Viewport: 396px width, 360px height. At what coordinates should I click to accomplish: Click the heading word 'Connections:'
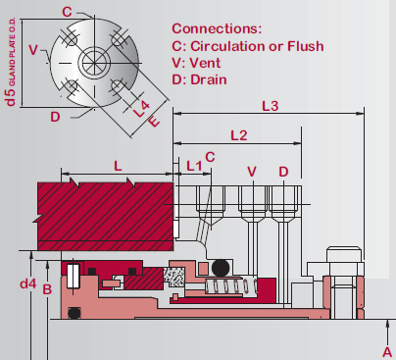pyautogui.click(x=217, y=28)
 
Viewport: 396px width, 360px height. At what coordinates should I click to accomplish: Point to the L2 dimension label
pyautogui.click(x=238, y=133)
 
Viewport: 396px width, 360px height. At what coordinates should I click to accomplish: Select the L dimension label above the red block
pyautogui.click(x=118, y=167)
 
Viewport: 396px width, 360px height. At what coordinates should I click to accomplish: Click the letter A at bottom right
pyautogui.click(x=387, y=350)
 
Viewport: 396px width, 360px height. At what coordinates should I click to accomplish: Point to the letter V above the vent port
pyautogui.click(x=253, y=172)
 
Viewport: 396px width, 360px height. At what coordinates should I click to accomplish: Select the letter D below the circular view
pyautogui.click(x=55, y=117)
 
